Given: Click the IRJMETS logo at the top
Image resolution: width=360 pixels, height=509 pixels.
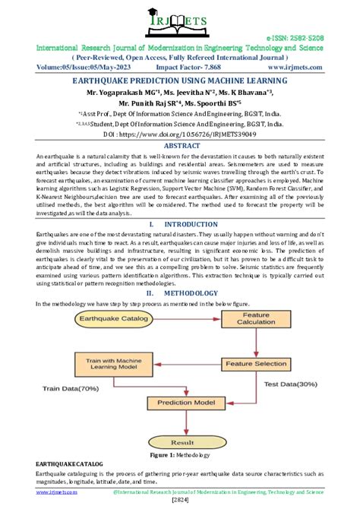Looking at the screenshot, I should click(180, 21).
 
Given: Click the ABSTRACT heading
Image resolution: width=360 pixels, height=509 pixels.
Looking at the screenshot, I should click(180, 144).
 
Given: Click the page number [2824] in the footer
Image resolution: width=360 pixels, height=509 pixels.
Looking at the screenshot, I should click(180, 501).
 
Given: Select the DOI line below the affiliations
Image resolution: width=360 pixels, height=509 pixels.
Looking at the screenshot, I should click(180, 132).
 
